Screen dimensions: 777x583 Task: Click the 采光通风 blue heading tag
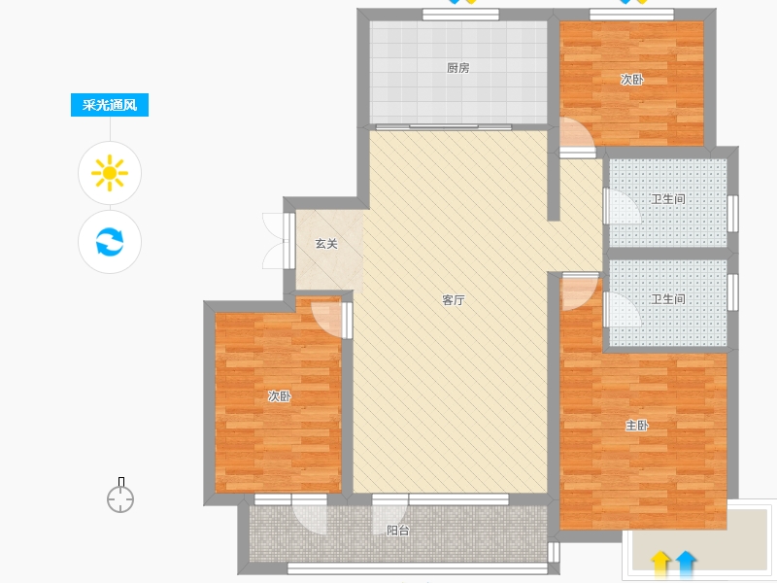pyautogui.click(x=110, y=105)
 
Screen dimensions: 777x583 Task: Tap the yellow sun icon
pyautogui.click(x=110, y=173)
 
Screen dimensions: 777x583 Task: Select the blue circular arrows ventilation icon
pyautogui.click(x=110, y=241)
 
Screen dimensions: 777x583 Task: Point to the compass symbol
pyautogui.click(x=120, y=496)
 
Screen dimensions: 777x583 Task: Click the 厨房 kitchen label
pyautogui.click(x=457, y=68)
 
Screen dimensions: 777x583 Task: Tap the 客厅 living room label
pyautogui.click(x=454, y=300)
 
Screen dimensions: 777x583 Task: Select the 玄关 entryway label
pyautogui.click(x=326, y=244)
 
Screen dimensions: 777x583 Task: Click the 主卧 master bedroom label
pyautogui.click(x=637, y=426)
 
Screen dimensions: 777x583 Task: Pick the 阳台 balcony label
pyautogui.click(x=398, y=531)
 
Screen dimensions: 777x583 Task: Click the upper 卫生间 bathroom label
pyautogui.click(x=668, y=199)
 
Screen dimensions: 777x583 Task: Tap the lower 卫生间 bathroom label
pyautogui.click(x=668, y=299)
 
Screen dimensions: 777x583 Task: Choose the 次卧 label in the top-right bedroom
pyautogui.click(x=632, y=80)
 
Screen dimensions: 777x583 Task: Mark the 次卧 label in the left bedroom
pyautogui.click(x=280, y=396)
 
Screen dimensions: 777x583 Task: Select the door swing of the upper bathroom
pyautogui.click(x=623, y=207)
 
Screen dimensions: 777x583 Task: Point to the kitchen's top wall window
pyautogui.click(x=460, y=15)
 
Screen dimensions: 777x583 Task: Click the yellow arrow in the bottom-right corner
pyautogui.click(x=660, y=565)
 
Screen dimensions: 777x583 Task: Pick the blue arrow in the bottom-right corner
pyautogui.click(x=686, y=565)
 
